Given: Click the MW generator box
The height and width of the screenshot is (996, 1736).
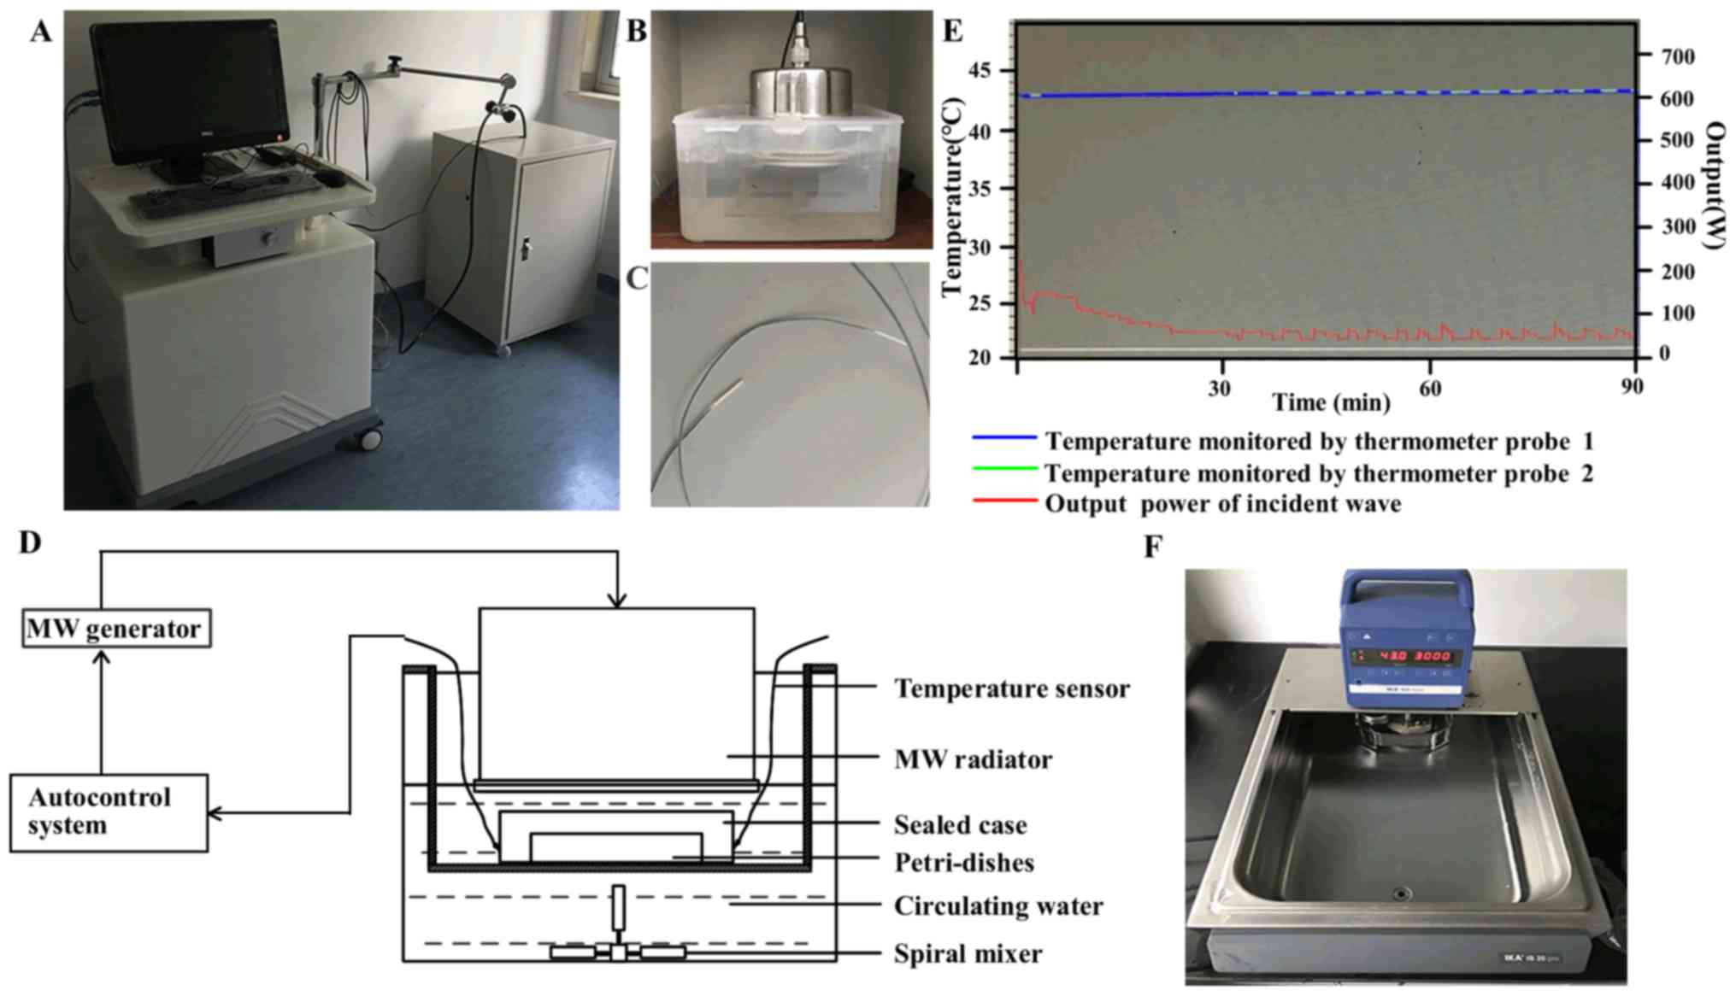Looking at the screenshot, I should point(115,629).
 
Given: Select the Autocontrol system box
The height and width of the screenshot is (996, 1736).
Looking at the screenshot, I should point(109,812).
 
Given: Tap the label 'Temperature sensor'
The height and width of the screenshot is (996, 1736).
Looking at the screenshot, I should point(1011,688).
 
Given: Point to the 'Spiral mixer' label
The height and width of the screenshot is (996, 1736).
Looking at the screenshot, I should point(968,953).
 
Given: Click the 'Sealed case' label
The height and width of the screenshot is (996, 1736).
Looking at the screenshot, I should point(960,825).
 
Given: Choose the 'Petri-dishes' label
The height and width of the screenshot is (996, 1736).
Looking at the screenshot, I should point(963,863).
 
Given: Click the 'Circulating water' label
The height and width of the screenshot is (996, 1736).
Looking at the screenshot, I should point(997,905).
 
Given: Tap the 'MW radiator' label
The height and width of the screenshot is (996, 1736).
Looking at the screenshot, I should point(973,759).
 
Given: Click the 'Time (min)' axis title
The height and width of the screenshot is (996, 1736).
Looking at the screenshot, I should point(1330,402).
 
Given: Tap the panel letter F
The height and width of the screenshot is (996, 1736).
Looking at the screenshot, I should point(1153,546).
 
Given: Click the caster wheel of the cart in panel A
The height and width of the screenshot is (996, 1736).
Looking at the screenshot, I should point(368,439).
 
